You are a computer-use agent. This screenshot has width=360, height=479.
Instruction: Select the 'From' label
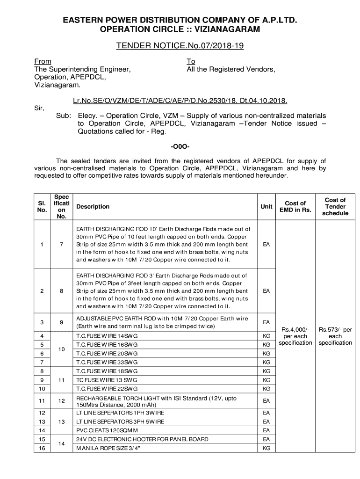(x=43, y=61)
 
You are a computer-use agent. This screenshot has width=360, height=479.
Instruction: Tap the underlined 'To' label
(x=191, y=61)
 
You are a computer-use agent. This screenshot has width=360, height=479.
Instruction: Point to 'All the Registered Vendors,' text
(x=231, y=70)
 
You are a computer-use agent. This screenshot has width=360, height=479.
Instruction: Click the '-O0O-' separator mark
(x=180, y=147)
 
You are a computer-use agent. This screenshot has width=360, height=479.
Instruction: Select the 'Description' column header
(x=93, y=206)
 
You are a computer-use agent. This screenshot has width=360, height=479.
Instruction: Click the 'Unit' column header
(x=266, y=206)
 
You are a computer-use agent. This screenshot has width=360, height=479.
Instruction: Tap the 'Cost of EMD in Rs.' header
(x=295, y=206)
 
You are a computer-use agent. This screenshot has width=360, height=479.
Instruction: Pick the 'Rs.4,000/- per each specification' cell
(x=295, y=336)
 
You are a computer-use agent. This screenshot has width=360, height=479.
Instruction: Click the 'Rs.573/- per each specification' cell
(x=335, y=336)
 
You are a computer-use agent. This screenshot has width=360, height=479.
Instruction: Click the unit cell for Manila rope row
(x=266, y=448)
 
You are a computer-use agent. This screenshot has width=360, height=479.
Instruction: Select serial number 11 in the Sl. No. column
(x=42, y=401)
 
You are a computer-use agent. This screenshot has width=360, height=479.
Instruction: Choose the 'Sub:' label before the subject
(x=63, y=115)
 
